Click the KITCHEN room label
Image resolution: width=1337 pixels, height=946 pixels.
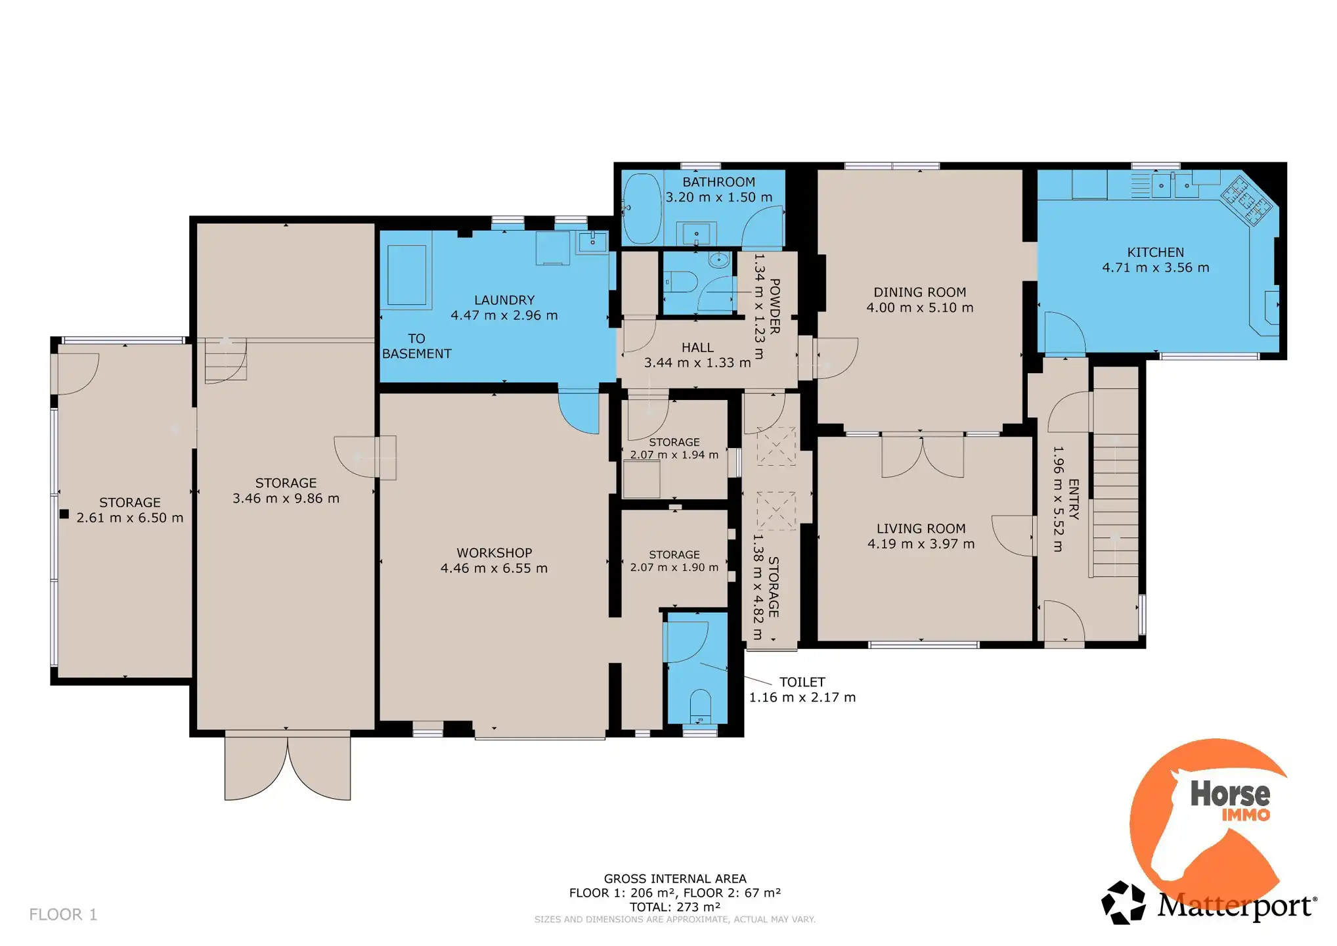pos(1155,252)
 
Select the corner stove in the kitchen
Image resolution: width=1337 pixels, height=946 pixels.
pos(1246,199)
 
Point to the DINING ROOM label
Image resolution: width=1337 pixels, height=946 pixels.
pos(919,292)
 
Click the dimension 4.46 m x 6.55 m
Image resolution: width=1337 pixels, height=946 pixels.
pos(494,568)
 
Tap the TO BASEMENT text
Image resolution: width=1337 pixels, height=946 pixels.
pos(416,346)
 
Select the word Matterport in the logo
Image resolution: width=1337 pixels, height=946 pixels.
pos(1236,906)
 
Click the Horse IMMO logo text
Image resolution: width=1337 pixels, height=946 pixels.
pos(1230,800)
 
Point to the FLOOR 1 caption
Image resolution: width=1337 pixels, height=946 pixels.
pos(63,914)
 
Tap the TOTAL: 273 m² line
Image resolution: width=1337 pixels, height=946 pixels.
pos(675,907)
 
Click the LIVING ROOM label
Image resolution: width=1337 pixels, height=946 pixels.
pos(921,529)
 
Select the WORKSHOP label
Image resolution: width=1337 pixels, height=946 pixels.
pos(494,553)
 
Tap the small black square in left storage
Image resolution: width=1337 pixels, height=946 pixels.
pos(64,514)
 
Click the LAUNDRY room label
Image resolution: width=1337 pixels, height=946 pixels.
pos(504,300)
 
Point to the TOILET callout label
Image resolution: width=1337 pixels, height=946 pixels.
pos(802,683)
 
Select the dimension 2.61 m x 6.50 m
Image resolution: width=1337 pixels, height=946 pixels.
pos(130,518)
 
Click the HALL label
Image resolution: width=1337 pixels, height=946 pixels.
pos(697,348)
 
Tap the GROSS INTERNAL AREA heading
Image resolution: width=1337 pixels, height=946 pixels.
pos(675,879)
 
